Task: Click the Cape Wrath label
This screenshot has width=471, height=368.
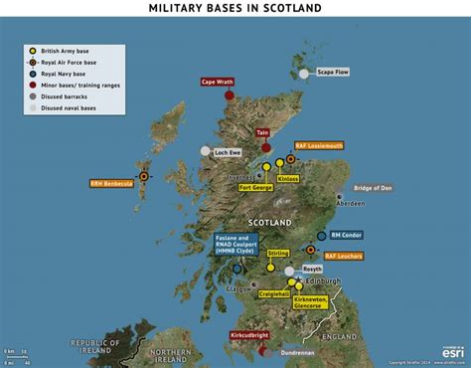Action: pos(219,83)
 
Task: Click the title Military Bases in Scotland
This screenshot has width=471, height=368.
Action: pos(235,8)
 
